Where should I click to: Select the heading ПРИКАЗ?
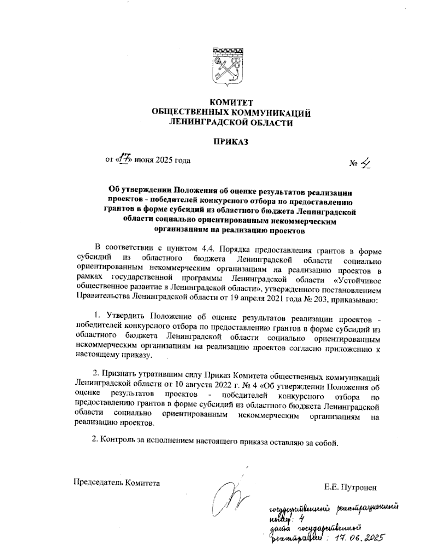231,142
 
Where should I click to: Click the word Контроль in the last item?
116,440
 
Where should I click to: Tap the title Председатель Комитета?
116,482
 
